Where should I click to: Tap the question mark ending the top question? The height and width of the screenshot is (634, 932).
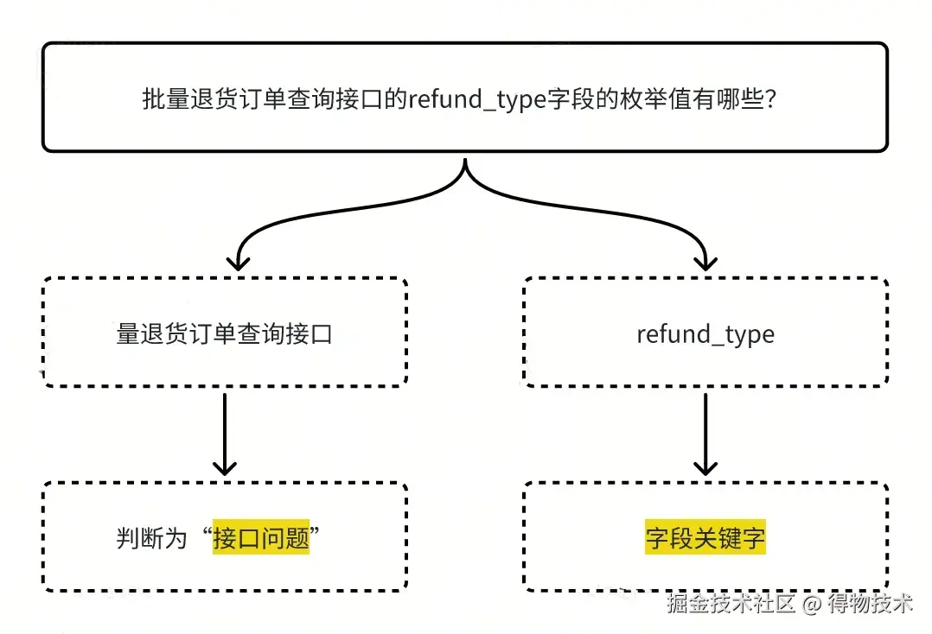(774, 99)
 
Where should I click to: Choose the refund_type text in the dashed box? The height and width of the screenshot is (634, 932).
(705, 334)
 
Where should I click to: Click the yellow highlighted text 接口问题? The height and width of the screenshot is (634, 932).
(261, 538)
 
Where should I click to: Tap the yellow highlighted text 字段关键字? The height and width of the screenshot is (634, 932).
(705, 538)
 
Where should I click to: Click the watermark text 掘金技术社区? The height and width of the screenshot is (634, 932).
(730, 604)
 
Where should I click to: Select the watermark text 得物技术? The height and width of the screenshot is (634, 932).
(869, 604)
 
